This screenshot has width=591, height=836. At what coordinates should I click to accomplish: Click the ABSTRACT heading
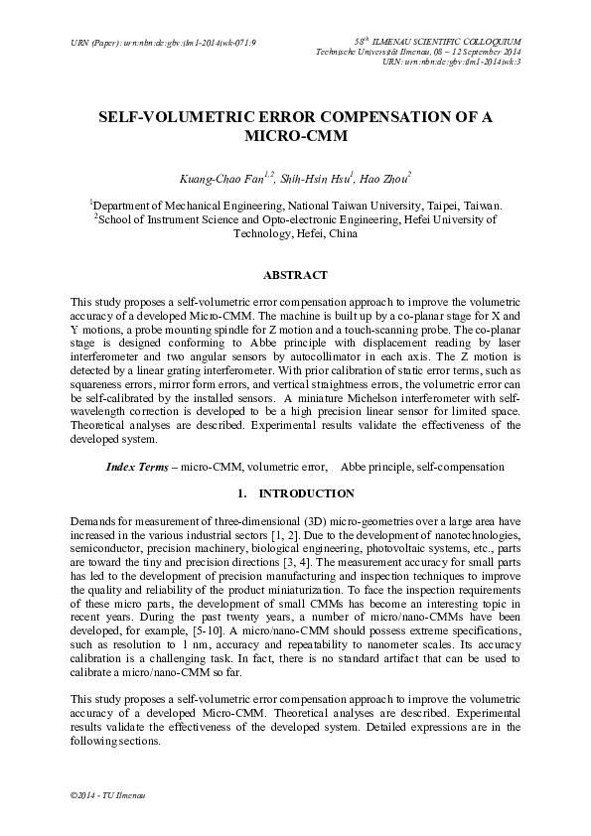click(294, 274)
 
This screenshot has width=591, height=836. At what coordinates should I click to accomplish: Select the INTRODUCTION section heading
click(306, 493)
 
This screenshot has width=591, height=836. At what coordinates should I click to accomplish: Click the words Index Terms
click(137, 467)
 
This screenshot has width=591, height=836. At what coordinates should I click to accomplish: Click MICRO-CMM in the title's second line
click(295, 137)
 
